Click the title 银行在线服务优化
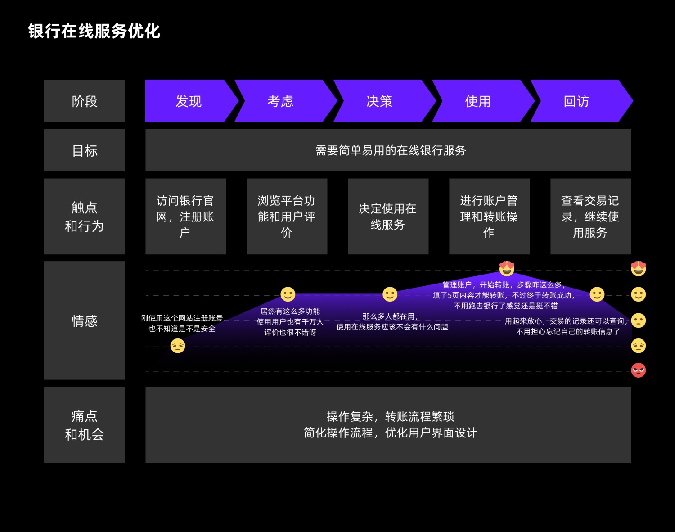[x=94, y=32]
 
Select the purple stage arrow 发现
[x=189, y=101]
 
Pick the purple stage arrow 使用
[x=478, y=101]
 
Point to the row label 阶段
[x=84, y=101]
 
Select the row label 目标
[x=84, y=150]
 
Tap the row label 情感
[x=84, y=320]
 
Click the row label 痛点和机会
[x=84, y=425]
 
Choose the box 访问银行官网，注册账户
[x=185, y=216]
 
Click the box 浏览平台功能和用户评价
[x=287, y=216]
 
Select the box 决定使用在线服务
[x=388, y=216]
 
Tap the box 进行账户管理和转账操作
[x=489, y=216]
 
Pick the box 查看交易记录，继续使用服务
[x=590, y=216]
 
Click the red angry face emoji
[x=638, y=370]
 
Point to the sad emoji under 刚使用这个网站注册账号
[x=178, y=346]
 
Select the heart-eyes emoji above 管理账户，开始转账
[x=507, y=268]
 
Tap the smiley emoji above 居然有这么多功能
[x=288, y=294]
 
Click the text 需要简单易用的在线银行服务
[x=391, y=150]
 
